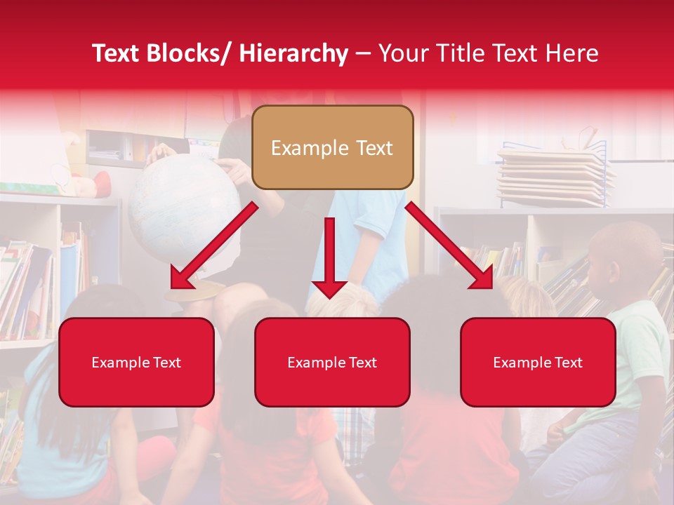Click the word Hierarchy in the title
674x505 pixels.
tap(293, 53)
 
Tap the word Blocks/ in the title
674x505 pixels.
tap(187, 53)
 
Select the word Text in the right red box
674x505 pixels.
tap(567, 363)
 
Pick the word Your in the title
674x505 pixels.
tap(402, 53)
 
